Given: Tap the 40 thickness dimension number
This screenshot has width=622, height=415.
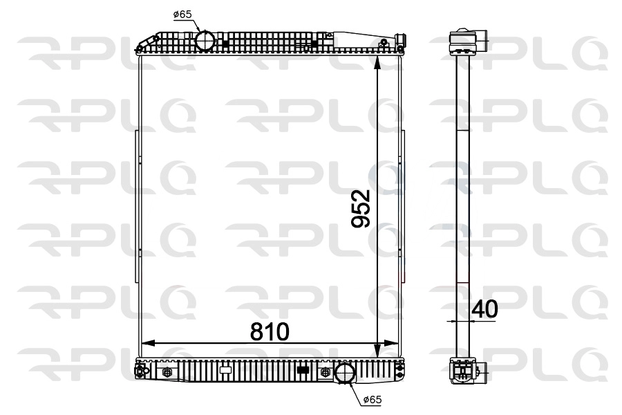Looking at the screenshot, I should pos(484,309).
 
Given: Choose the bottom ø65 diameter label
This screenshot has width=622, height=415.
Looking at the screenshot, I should pos(371,400).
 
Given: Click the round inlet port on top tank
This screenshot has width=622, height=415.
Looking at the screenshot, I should pos(205,40).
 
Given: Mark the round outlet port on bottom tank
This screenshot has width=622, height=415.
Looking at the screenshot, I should pos(343,373).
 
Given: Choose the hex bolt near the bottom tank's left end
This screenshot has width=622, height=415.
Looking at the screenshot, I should pos(166,373).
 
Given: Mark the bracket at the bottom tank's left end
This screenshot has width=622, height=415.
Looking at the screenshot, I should pos(142,371).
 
